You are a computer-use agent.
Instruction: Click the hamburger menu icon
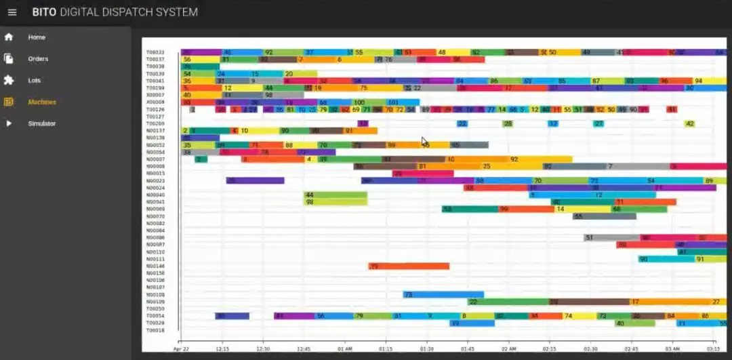point(12,12)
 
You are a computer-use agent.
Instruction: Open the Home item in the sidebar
point(37,37)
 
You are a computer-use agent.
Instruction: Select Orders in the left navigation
point(38,59)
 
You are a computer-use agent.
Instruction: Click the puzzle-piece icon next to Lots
point(9,80)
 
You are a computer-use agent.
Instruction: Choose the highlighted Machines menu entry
point(42,102)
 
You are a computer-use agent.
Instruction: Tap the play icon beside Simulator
point(9,123)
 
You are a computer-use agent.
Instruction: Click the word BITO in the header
point(44,12)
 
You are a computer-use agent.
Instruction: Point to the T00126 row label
point(155,109)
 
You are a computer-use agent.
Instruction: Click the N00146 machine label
point(155,266)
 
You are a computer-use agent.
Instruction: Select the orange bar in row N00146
point(409,266)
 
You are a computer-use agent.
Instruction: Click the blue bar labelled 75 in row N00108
point(434,294)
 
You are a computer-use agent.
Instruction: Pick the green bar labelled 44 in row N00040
point(335,195)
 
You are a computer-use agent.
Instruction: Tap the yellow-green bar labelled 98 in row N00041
point(335,202)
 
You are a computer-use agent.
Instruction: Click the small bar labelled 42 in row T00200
point(689,123)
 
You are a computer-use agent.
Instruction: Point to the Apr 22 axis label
point(180,348)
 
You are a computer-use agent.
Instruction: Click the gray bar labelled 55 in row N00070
point(604,216)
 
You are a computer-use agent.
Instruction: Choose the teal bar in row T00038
point(195,66)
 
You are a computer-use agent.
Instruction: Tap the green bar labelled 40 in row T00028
point(635,323)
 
